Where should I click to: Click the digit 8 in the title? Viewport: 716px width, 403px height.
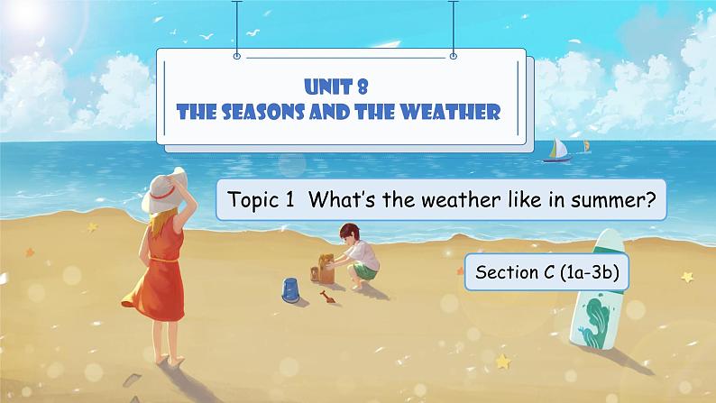[363, 87]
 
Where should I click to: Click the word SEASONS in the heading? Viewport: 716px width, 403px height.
[263, 112]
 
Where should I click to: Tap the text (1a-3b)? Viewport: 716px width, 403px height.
[589, 272]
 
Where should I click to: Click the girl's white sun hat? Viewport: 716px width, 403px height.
[164, 190]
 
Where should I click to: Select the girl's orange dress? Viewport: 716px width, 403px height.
[158, 270]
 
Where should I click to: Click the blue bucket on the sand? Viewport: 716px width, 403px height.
[290, 290]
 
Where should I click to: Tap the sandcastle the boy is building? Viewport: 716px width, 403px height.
[324, 269]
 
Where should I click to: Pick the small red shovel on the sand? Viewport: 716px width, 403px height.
[327, 297]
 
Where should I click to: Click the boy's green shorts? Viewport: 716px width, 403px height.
[365, 270]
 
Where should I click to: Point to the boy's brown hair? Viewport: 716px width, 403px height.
[350, 231]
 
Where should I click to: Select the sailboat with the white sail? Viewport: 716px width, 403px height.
[557, 151]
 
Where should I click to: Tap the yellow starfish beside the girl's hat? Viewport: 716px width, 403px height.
[93, 226]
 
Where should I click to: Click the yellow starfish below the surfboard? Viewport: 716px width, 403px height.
[503, 362]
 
